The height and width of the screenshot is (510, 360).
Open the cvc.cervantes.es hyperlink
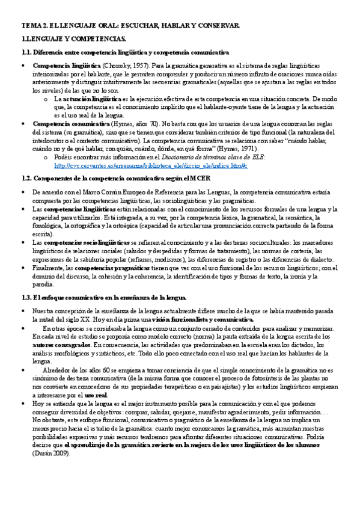(142, 165)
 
